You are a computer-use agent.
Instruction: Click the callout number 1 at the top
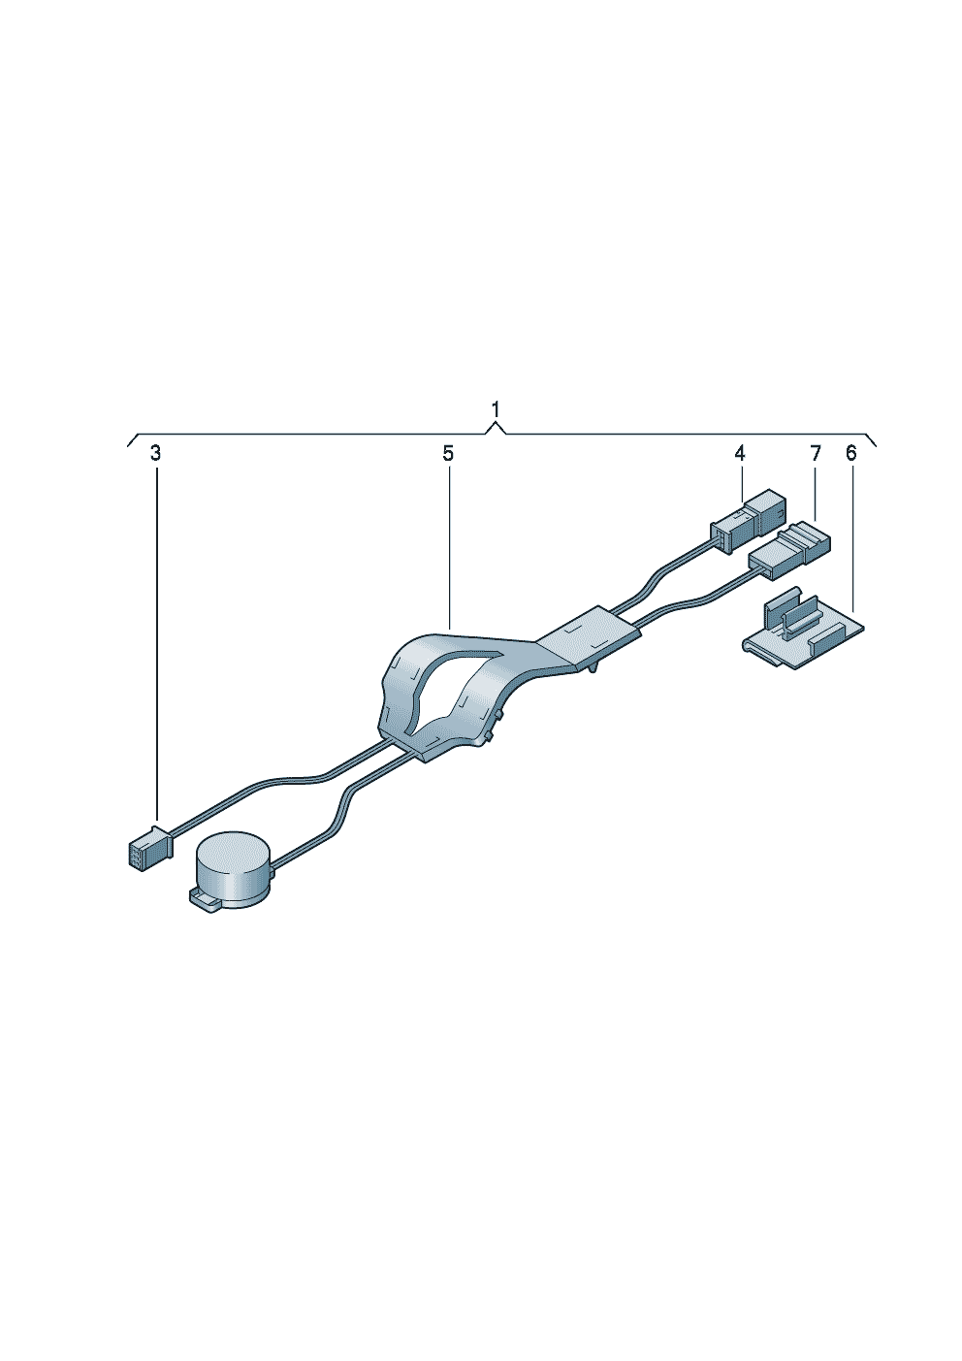(496, 410)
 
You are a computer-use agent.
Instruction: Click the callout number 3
(155, 454)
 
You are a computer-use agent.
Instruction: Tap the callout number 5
(448, 454)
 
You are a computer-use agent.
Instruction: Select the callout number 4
(739, 454)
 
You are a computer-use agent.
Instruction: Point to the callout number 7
(815, 454)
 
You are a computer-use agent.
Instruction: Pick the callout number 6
(850, 454)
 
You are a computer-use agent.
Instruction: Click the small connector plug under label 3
(150, 842)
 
